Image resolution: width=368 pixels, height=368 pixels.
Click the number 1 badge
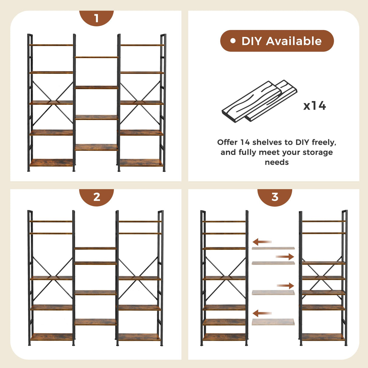tap(96, 18)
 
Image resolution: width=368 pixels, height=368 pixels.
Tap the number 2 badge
tap(96, 197)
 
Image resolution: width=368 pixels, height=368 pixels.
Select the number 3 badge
tap(275, 197)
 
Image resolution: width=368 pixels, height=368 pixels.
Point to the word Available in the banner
tap(294, 41)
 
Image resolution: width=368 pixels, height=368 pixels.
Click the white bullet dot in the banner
tap(233, 41)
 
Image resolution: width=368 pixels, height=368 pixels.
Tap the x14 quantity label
tap(315, 106)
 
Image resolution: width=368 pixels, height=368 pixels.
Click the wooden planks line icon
tap(259, 101)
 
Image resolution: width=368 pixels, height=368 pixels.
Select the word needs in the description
tap(276, 162)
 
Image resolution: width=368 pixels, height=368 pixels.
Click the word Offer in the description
tap(227, 142)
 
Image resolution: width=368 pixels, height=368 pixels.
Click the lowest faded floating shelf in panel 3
tap(273, 322)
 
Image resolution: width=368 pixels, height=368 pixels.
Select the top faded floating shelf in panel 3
tap(273, 248)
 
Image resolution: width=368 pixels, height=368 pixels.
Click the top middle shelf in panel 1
tap(96, 57)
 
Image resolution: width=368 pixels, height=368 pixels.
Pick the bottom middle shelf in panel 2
tap(95, 322)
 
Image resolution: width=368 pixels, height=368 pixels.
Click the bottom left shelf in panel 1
tap(52, 163)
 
